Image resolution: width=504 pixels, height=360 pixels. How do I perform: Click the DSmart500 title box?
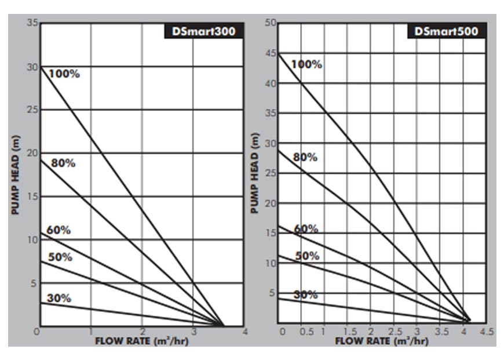(x=447, y=31)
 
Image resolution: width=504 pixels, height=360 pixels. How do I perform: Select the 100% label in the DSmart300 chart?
(x=64, y=74)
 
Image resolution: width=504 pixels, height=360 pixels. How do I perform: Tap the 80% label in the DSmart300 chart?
(x=63, y=163)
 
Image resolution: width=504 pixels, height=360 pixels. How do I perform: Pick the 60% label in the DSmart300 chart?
(x=59, y=230)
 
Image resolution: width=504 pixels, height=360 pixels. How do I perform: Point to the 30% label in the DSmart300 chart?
(x=59, y=298)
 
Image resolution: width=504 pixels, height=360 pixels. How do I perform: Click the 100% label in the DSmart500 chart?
(x=306, y=64)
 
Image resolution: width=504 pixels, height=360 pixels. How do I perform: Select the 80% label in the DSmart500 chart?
(x=305, y=157)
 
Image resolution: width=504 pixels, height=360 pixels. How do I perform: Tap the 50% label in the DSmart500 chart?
(x=307, y=256)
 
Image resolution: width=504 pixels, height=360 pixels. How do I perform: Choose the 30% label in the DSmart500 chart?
(x=305, y=294)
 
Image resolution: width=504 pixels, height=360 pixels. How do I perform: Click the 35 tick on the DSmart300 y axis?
(x=32, y=23)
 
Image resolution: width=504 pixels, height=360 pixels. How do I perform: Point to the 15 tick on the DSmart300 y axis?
(x=32, y=197)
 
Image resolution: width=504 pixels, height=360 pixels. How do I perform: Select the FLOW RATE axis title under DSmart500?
(x=382, y=341)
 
